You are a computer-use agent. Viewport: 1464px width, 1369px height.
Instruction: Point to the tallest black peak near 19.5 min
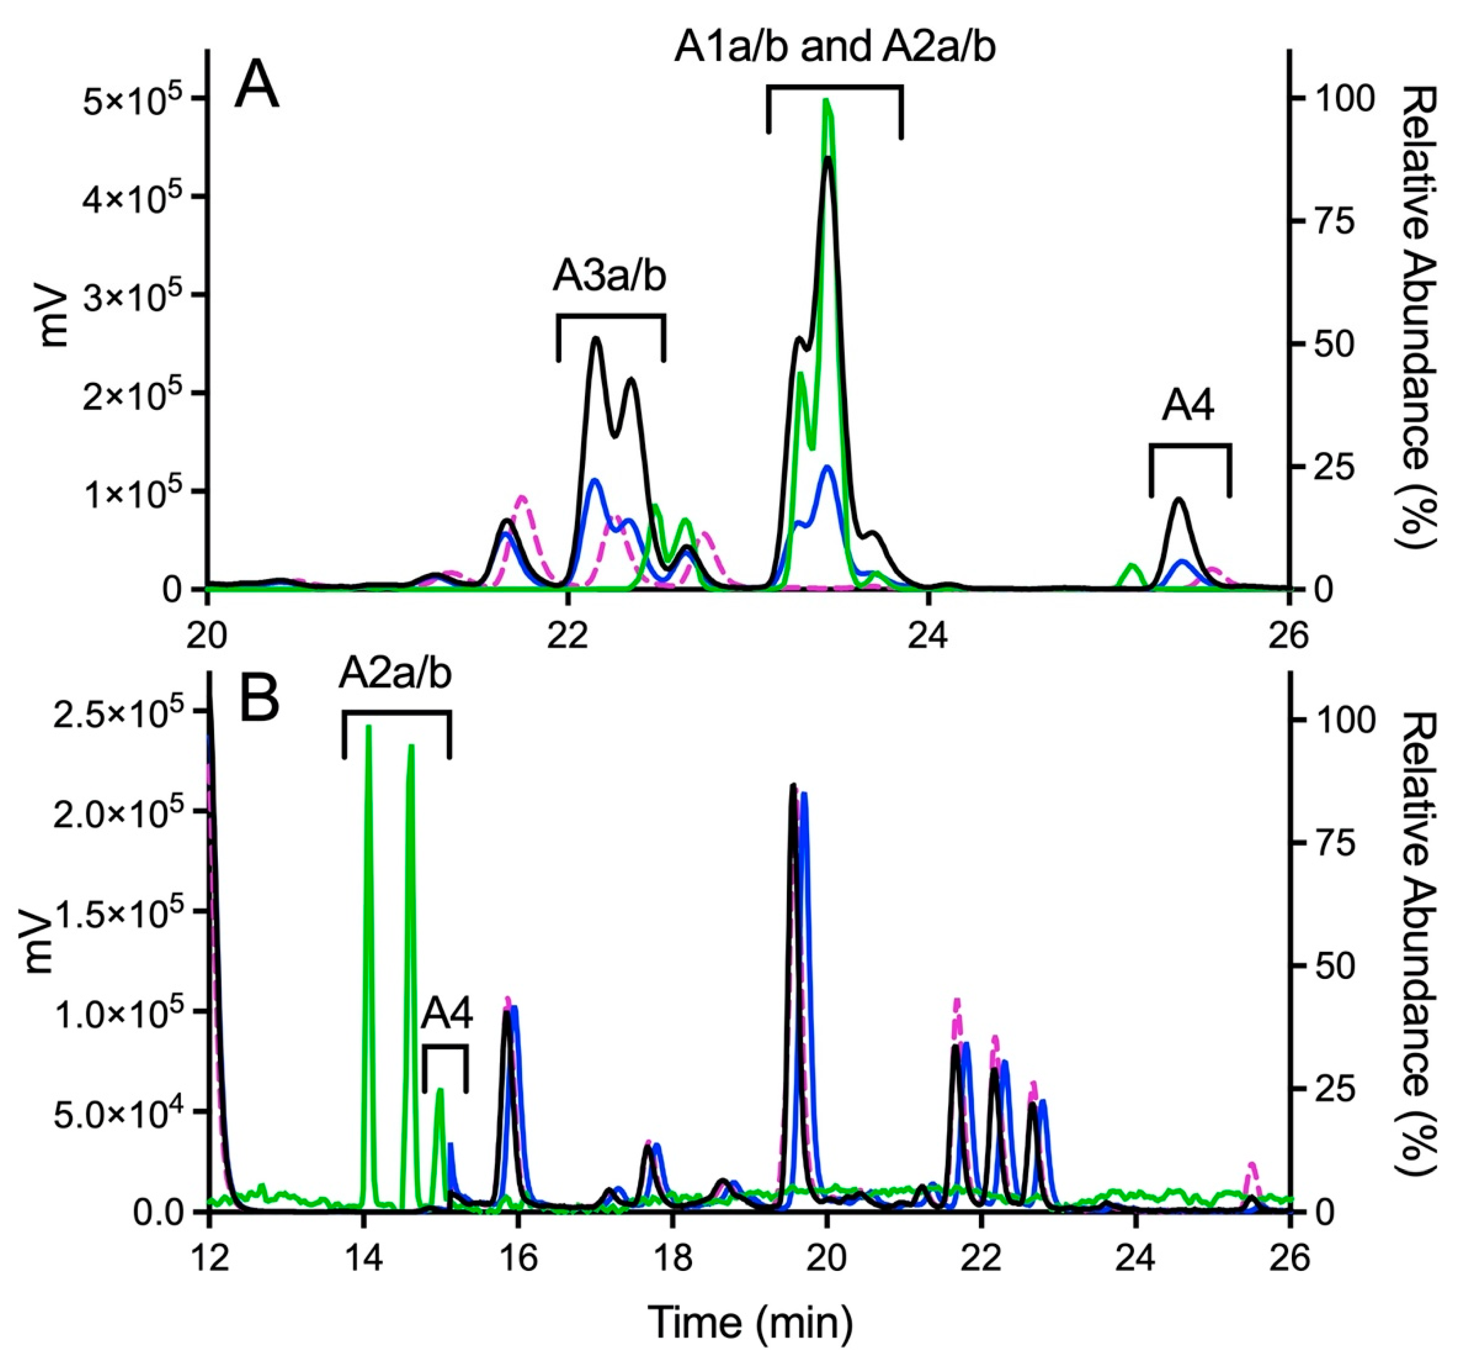(x=793, y=786)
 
